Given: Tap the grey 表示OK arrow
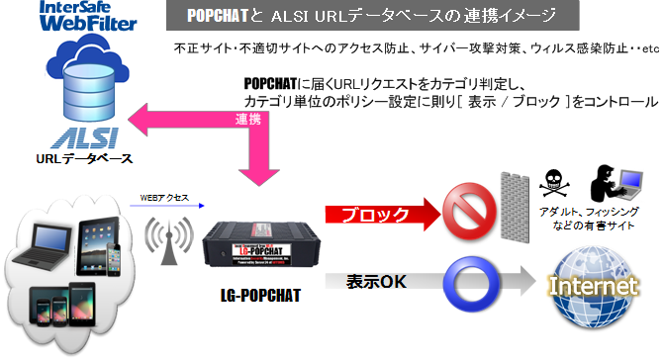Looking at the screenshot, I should tap(376, 283).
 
